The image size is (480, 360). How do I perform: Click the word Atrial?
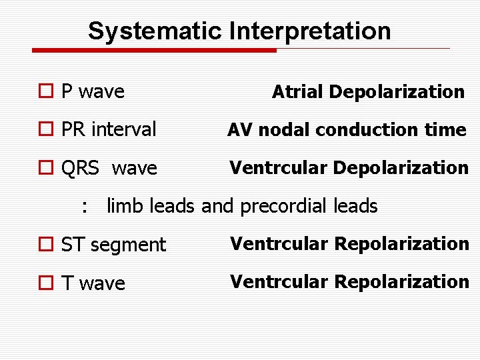point(298,92)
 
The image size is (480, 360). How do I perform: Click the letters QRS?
point(79,169)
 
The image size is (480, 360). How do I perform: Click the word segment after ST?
point(127,245)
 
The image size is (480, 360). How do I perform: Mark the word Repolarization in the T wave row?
point(402,282)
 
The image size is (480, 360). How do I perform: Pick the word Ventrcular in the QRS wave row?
point(279,168)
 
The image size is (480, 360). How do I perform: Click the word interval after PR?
point(123,129)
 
